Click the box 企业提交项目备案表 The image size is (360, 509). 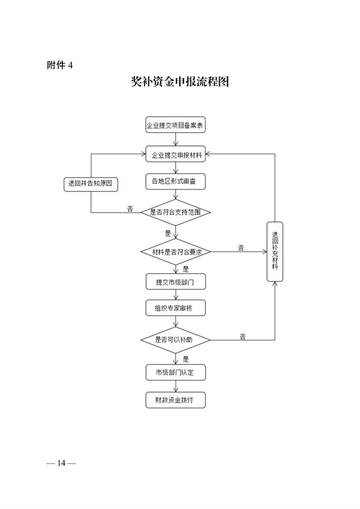175,127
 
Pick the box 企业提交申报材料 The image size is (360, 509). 175,154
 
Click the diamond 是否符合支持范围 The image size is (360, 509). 175,212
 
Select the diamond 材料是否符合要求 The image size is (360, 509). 175,252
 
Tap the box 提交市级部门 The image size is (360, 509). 175,281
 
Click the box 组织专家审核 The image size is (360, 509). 175,308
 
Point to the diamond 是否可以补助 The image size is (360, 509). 175,340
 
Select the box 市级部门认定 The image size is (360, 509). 175,372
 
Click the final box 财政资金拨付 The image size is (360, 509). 175,400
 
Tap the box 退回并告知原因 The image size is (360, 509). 91,184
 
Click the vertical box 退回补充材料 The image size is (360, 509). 275,251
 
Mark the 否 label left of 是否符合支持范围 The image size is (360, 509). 130,208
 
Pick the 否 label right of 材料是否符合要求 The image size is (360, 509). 241,247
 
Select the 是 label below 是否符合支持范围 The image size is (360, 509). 168,232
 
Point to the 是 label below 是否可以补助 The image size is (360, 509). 185,359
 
